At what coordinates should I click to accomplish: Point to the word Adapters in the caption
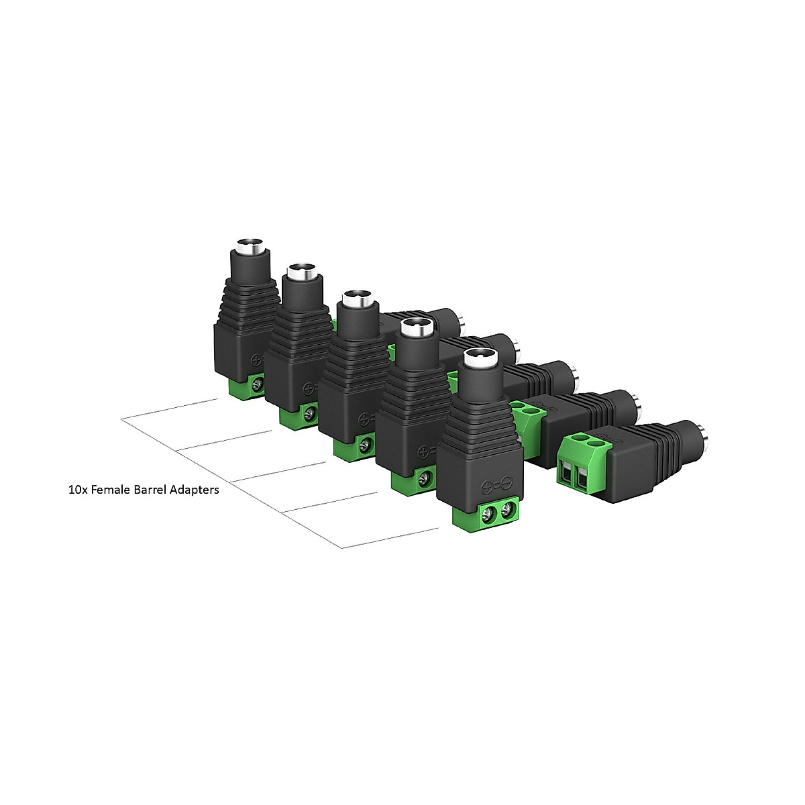(x=195, y=490)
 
